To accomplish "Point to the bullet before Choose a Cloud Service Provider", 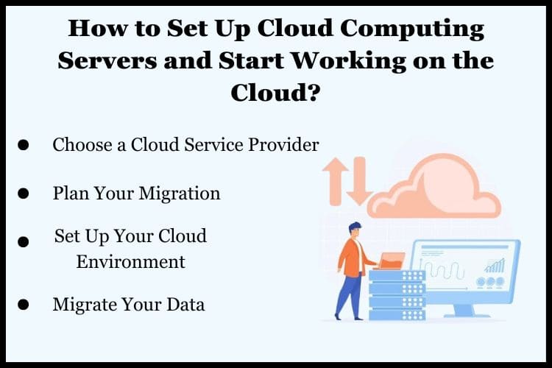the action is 24,145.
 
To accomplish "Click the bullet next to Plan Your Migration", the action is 24,194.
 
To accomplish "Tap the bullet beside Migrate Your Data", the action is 24,304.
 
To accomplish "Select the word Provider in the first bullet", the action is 283,144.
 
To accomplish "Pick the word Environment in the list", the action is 130,262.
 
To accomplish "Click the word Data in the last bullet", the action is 185,304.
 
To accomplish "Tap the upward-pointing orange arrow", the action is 335,181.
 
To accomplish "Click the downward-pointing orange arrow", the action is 359,181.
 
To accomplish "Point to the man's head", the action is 355,230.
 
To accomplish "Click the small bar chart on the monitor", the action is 495,266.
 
